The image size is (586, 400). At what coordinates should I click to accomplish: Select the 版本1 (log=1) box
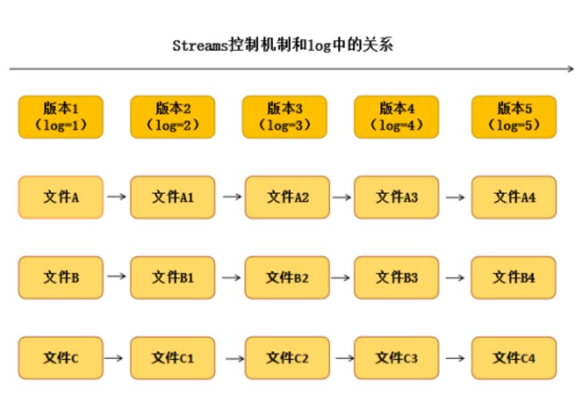tap(61, 117)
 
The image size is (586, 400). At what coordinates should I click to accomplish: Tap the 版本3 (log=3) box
tap(284, 117)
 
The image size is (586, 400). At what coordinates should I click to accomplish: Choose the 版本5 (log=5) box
tap(514, 117)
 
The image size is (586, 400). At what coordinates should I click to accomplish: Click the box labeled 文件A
tap(61, 197)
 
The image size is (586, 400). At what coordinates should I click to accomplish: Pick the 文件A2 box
tap(287, 197)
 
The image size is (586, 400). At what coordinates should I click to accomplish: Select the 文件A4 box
tap(514, 197)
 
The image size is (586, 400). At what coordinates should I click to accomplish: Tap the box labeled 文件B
tap(61, 277)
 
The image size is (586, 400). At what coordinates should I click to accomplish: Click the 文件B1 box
tap(172, 277)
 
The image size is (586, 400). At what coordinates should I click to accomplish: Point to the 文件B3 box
tap(396, 277)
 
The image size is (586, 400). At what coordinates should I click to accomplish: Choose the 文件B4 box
tap(514, 277)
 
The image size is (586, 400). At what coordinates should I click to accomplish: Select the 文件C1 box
tap(172, 358)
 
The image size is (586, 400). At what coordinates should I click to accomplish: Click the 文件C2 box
tap(287, 358)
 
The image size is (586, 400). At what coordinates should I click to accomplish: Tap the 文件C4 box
tap(514, 358)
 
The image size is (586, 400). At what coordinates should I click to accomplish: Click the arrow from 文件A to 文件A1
tap(117, 197)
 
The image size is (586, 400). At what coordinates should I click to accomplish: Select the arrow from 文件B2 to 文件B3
tap(342, 278)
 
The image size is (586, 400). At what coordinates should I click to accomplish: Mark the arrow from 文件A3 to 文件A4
tap(455, 197)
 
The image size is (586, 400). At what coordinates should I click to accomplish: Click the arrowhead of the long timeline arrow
tap(571, 69)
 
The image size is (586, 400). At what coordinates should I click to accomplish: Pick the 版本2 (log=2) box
tap(172, 117)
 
